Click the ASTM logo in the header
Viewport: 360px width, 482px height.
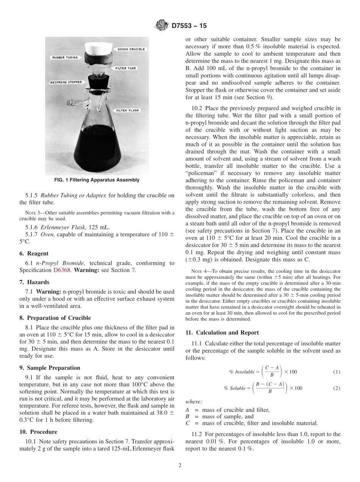point(162,26)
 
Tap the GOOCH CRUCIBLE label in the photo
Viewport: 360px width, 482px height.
point(131,49)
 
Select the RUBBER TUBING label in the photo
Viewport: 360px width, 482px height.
point(64,58)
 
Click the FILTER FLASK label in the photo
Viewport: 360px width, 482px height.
point(128,111)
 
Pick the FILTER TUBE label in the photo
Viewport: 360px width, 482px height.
point(127,69)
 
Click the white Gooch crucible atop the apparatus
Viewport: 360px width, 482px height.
point(99,48)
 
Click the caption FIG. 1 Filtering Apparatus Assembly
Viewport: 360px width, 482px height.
point(97,180)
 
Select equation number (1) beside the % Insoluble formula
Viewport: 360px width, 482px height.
point(337,372)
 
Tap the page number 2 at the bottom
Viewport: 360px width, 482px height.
point(180,465)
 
